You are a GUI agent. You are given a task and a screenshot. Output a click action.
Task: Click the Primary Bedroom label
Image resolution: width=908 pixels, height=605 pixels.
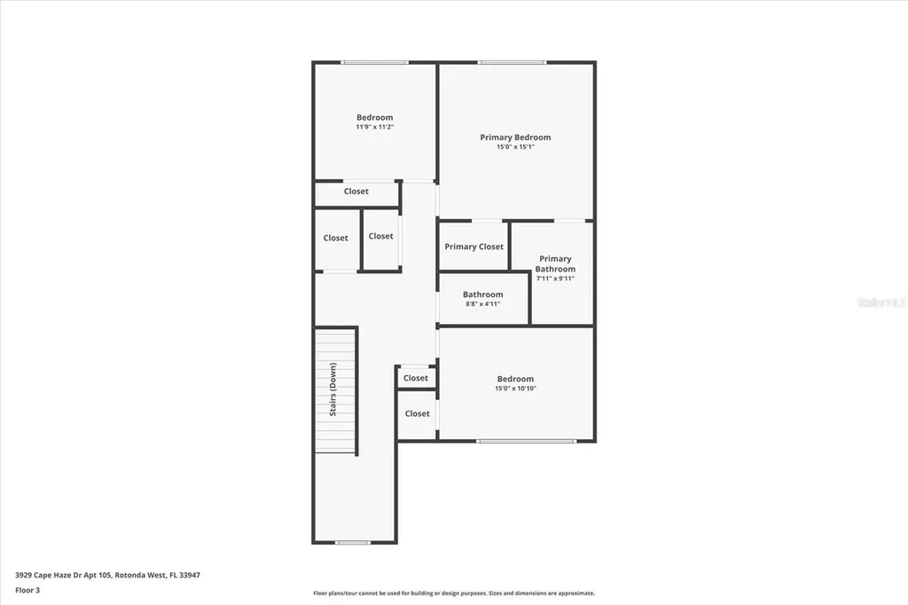point(515,137)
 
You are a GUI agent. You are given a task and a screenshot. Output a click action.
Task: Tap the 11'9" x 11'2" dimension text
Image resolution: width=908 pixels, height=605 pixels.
point(374,128)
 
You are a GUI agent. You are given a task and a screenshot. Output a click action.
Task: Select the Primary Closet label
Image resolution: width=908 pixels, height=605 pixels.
point(474,247)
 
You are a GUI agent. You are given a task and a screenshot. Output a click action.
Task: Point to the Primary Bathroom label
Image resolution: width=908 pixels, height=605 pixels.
point(555,263)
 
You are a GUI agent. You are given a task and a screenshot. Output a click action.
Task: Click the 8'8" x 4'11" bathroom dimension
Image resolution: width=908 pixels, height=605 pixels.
point(483,304)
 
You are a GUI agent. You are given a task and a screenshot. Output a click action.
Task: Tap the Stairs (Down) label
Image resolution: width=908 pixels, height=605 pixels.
point(333,389)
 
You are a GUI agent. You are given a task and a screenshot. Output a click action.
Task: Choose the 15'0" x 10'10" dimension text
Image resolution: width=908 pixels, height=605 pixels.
point(515,389)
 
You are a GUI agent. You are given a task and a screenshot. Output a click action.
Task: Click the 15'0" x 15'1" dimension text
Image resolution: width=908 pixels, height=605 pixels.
point(515,147)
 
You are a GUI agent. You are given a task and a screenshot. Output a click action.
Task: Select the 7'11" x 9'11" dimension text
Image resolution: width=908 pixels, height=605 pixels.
point(555,279)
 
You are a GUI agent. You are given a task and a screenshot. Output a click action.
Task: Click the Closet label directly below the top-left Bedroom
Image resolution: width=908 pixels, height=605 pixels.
point(356,192)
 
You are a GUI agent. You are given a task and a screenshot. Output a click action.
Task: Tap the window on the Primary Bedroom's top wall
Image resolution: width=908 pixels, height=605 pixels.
point(513,62)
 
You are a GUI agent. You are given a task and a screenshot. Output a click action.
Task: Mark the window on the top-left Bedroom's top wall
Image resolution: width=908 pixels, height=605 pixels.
point(375,62)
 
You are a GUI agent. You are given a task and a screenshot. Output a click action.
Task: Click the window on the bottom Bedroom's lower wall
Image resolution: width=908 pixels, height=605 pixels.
point(526,441)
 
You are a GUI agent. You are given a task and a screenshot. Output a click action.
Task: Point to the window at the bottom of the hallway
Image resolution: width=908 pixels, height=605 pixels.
point(353,542)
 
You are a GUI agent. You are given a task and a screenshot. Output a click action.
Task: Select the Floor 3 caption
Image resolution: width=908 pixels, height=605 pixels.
point(27,589)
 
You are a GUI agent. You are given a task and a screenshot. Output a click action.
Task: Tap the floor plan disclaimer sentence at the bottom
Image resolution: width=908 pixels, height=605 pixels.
point(453,593)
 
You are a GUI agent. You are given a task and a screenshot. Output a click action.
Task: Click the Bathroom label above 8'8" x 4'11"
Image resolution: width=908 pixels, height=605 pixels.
point(482,295)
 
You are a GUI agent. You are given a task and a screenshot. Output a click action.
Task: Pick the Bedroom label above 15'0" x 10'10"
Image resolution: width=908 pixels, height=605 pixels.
point(515,379)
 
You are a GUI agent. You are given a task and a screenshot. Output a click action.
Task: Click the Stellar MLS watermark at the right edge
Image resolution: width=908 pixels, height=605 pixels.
point(881,302)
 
